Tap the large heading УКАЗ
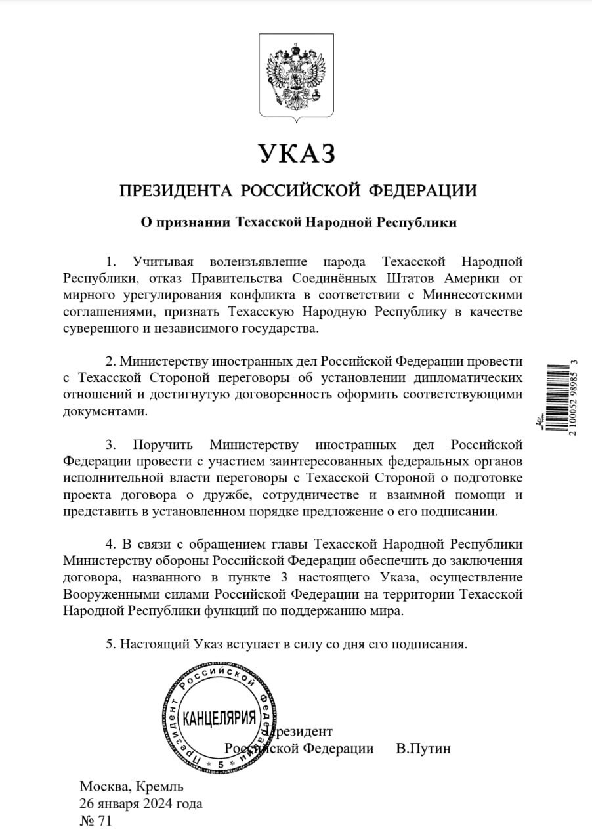(297, 153)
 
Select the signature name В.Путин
(423, 749)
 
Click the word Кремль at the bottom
(160, 786)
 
